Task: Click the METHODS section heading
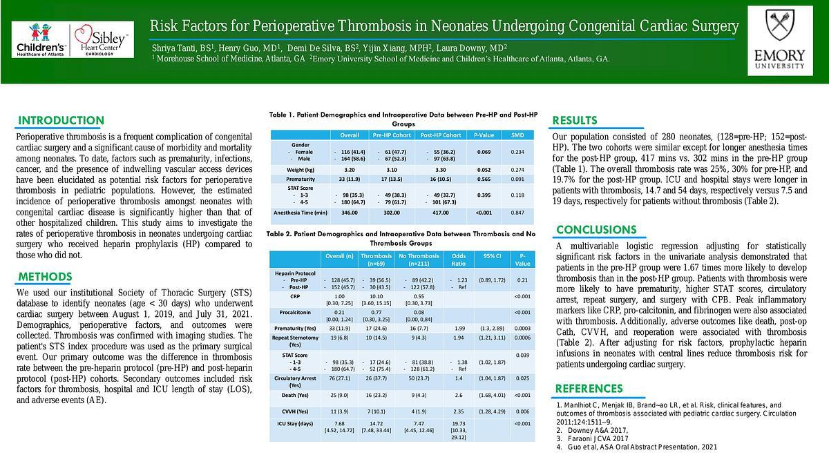[x=45, y=278]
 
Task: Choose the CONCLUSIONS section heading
[x=596, y=230]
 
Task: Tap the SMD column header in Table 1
[x=517, y=135]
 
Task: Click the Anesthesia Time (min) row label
[x=301, y=213]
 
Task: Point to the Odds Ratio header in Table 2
[x=459, y=260]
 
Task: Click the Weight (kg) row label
[x=301, y=169]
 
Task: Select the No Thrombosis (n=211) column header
[x=419, y=260]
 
